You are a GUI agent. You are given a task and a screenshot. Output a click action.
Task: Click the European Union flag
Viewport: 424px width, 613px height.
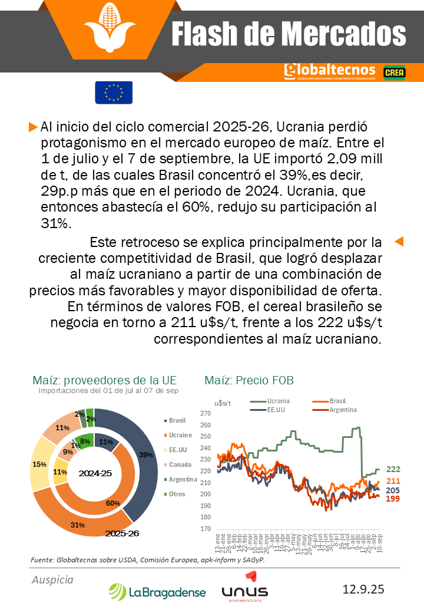(x=114, y=93)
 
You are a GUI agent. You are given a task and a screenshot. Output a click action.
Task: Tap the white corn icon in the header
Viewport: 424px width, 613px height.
(x=110, y=29)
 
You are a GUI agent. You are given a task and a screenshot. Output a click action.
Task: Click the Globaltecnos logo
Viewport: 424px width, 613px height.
(x=329, y=72)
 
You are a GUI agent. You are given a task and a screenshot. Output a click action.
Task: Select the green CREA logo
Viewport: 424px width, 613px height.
(x=393, y=72)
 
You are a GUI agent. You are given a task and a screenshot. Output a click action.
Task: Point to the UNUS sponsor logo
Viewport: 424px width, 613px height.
(x=244, y=591)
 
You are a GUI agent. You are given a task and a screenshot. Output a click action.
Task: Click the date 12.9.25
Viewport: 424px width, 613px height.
(x=363, y=589)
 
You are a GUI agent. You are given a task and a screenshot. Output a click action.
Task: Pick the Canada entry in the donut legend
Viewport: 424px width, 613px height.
(x=180, y=464)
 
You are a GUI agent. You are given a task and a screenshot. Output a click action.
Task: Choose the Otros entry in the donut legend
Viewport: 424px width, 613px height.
(x=177, y=494)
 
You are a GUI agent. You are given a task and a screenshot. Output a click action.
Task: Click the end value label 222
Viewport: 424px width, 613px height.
(x=393, y=469)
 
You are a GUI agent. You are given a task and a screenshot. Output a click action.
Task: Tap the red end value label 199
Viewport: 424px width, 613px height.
(x=393, y=499)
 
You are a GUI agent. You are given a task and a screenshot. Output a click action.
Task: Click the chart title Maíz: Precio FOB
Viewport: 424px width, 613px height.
(x=249, y=380)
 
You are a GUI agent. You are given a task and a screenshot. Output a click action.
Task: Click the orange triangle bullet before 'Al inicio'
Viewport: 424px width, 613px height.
(x=33, y=127)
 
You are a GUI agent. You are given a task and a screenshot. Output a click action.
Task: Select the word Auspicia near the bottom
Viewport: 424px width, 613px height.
(x=52, y=580)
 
